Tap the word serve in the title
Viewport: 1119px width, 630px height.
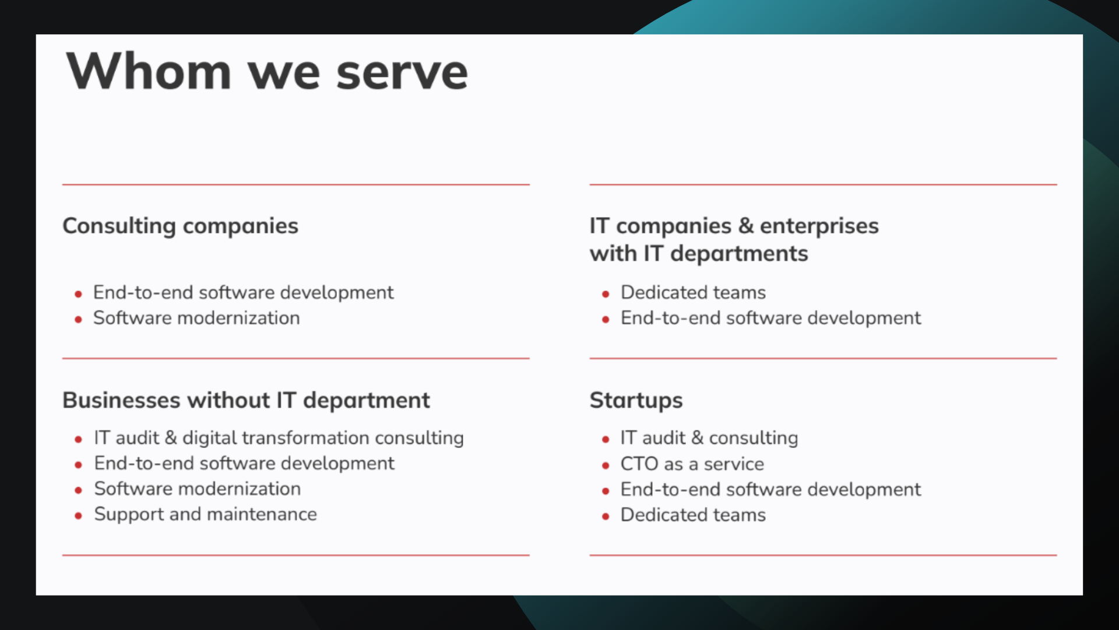point(402,72)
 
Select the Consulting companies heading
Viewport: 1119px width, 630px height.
point(180,226)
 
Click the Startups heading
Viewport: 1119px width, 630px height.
point(636,400)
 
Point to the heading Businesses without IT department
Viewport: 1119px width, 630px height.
point(246,400)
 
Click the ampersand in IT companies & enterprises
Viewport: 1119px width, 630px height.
point(745,226)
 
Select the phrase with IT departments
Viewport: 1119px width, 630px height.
point(698,254)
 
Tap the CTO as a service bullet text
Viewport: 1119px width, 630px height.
point(692,464)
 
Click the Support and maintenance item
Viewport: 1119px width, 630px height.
point(205,514)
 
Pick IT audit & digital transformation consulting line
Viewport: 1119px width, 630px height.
point(279,437)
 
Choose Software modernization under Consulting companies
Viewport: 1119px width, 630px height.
point(196,318)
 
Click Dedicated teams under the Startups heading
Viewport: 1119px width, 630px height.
point(693,514)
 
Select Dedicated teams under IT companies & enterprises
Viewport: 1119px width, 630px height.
point(693,292)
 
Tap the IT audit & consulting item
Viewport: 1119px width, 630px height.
point(709,437)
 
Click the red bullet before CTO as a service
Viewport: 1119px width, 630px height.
point(606,466)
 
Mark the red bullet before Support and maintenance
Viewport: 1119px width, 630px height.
point(78,516)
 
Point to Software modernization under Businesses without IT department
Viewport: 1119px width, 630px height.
point(197,489)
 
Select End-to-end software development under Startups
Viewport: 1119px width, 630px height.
point(770,489)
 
